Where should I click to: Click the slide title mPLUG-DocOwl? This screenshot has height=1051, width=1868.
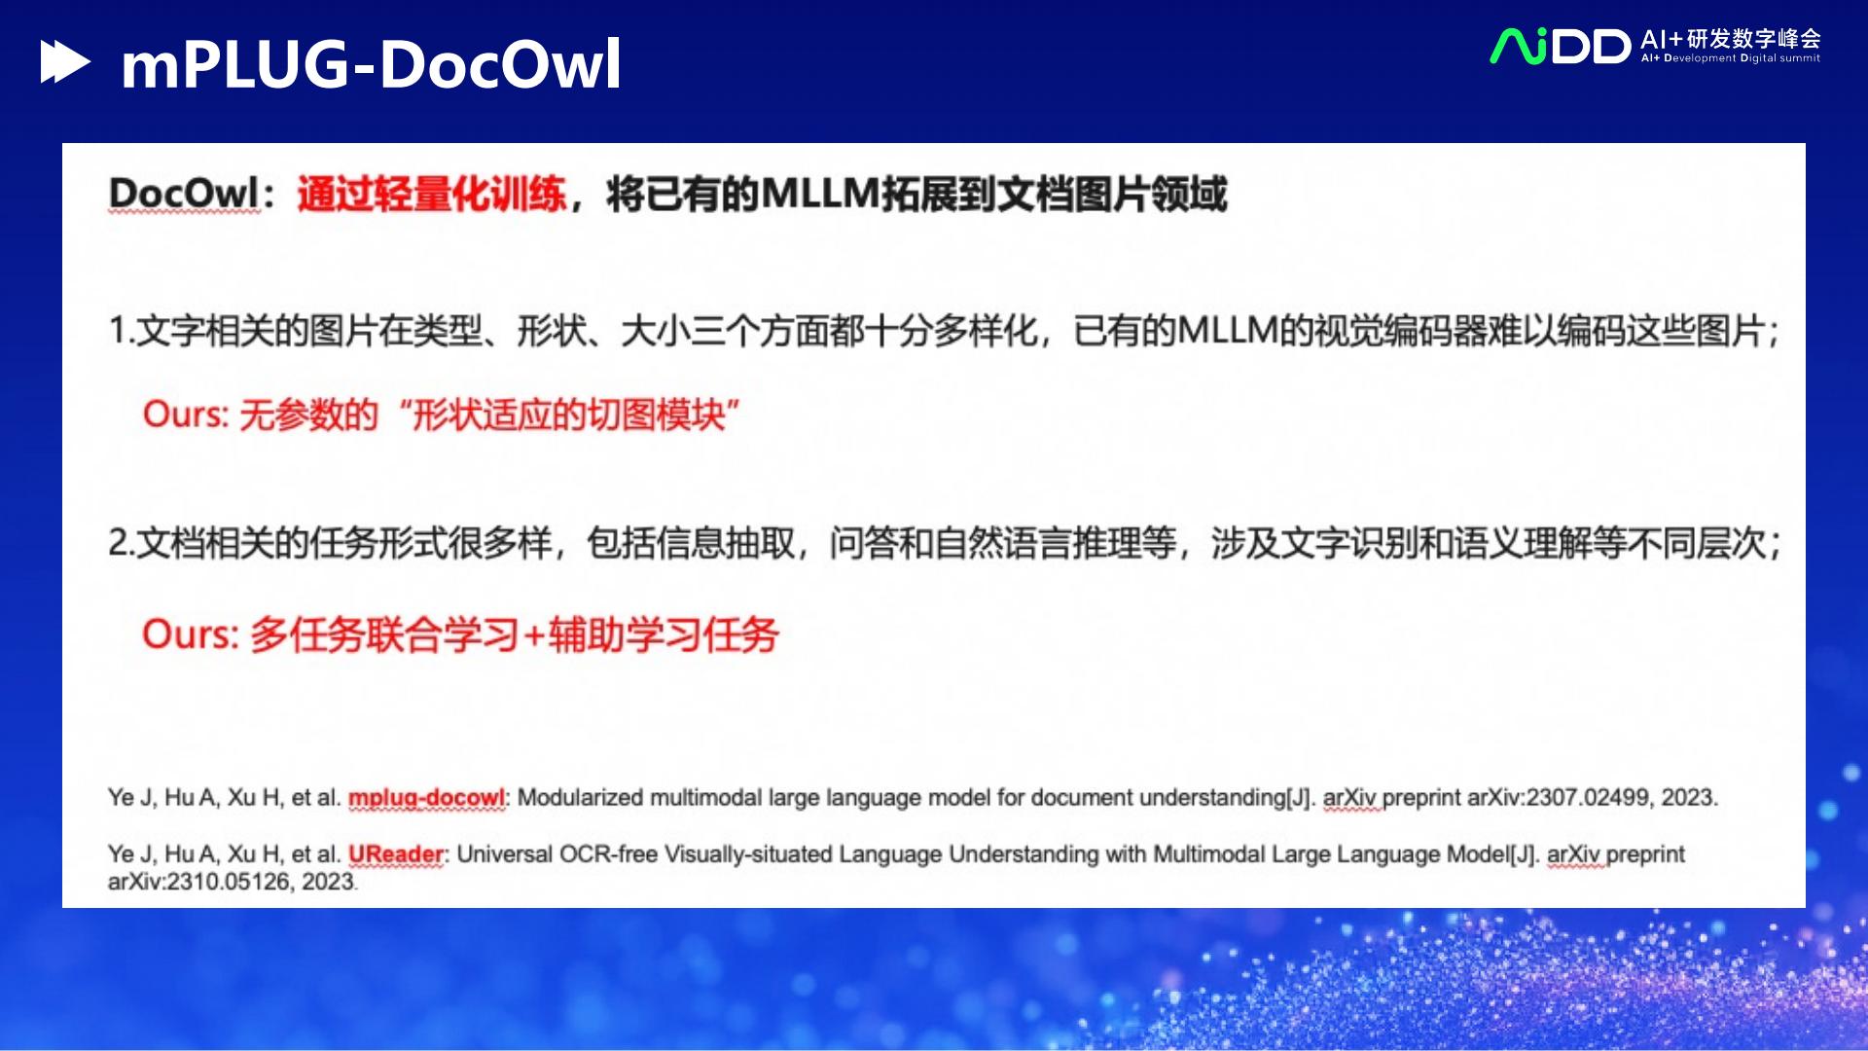(x=371, y=64)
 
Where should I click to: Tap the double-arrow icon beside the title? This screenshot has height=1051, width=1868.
(x=64, y=62)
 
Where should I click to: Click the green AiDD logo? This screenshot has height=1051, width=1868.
(x=1560, y=46)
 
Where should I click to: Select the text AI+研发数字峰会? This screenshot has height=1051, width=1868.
(x=1730, y=38)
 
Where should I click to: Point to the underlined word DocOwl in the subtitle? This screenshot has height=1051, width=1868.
(x=184, y=194)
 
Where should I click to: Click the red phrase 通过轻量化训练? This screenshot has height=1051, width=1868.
(x=431, y=194)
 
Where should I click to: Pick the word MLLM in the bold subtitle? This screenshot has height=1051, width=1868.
(x=819, y=194)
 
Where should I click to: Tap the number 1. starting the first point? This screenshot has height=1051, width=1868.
(x=121, y=332)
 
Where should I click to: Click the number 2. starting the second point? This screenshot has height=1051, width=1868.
(x=121, y=543)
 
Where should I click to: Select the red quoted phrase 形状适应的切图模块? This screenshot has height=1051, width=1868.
(x=569, y=416)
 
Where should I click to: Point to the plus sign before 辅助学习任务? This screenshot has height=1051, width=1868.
(x=534, y=635)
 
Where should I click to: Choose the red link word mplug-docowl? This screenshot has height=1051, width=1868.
(x=426, y=798)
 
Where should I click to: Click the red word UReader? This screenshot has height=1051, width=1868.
(x=395, y=854)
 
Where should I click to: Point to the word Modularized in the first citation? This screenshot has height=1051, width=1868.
(x=580, y=798)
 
